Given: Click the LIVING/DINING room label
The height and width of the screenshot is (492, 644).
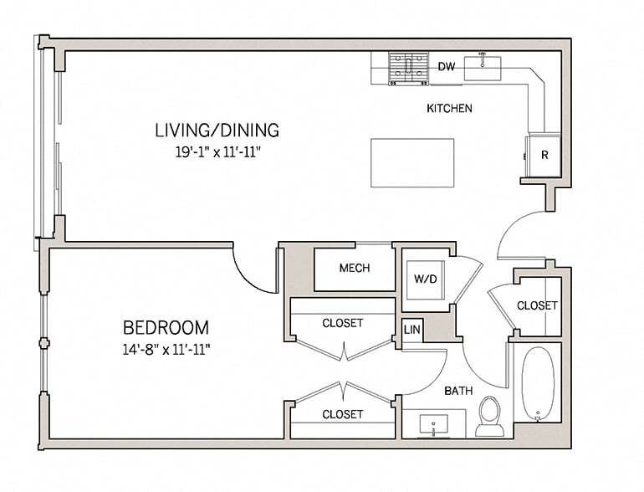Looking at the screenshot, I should pos(217,131).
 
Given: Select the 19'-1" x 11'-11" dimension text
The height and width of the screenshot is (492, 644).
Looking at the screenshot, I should pos(217,152).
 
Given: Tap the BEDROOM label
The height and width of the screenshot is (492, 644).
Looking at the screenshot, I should pos(166,327).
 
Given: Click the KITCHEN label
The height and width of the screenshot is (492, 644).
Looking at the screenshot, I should pos(450,109).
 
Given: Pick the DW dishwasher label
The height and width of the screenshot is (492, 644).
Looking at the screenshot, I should pos(446,67).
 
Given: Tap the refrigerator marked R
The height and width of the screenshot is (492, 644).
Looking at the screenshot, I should pos(543,156).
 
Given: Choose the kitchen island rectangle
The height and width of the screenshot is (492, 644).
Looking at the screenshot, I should pos(412,162).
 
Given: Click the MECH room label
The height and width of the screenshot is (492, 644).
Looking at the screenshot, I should pos(355,269).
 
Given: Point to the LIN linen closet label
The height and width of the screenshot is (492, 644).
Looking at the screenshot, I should pos(411,331).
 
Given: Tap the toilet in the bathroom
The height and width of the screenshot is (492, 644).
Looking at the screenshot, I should pos(489,416).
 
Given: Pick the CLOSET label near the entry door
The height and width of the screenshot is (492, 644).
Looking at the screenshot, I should pos(536,306).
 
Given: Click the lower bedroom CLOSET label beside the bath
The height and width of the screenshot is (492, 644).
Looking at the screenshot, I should pos(343,414).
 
